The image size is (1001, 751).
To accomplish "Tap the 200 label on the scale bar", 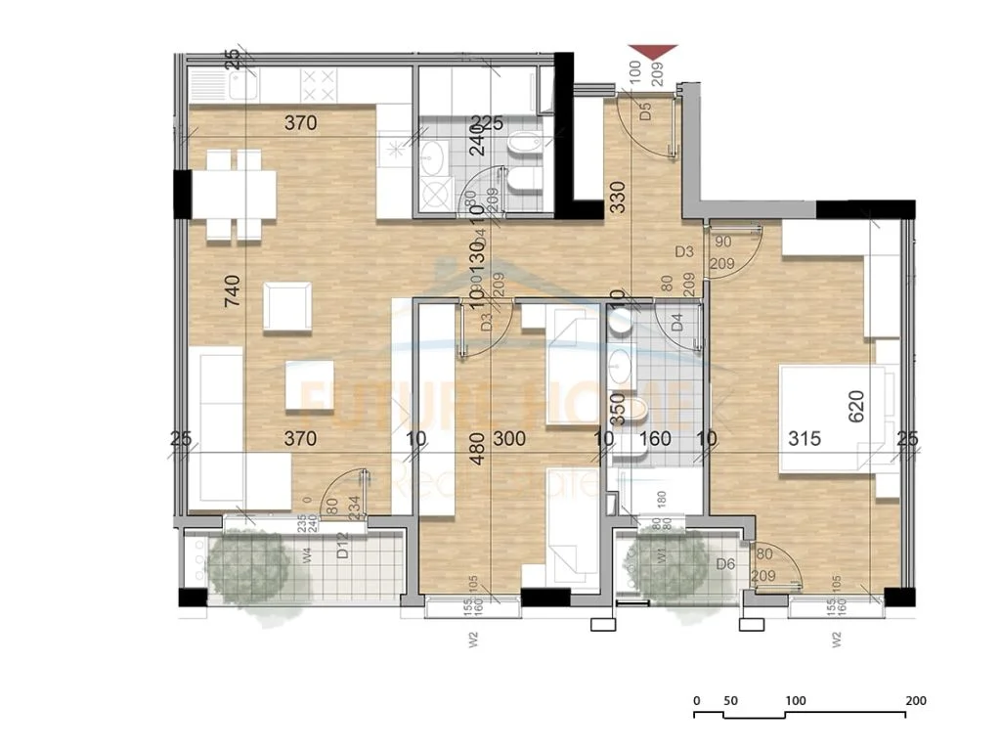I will [x=915, y=701].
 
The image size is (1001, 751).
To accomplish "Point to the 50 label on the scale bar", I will [x=729, y=701].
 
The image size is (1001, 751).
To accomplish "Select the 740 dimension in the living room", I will [x=232, y=290].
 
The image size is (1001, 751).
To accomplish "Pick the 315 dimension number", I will [x=804, y=439].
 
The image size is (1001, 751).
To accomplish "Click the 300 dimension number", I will [x=509, y=439].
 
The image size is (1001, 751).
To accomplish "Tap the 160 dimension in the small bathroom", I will [x=655, y=439].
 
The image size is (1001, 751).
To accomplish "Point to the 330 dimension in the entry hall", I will [x=617, y=198].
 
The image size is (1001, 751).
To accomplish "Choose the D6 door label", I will [x=725, y=564].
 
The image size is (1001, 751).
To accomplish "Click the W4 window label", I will [x=306, y=558].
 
